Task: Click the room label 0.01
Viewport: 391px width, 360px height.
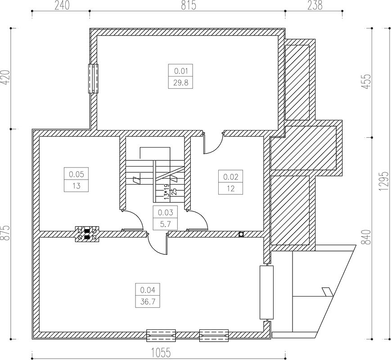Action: (180, 70)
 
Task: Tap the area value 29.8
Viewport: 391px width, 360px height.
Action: (180, 82)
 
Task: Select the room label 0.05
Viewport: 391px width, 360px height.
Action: (76, 174)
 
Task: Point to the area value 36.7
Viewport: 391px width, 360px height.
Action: (148, 301)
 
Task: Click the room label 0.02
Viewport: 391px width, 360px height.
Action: (230, 177)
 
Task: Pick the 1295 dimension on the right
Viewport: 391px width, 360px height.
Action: (384, 181)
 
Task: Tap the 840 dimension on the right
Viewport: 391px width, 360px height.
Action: (368, 237)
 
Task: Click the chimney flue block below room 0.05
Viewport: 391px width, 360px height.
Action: (87, 234)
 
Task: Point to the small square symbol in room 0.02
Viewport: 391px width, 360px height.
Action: (241, 234)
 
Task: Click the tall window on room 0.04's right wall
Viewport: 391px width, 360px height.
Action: (266, 292)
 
